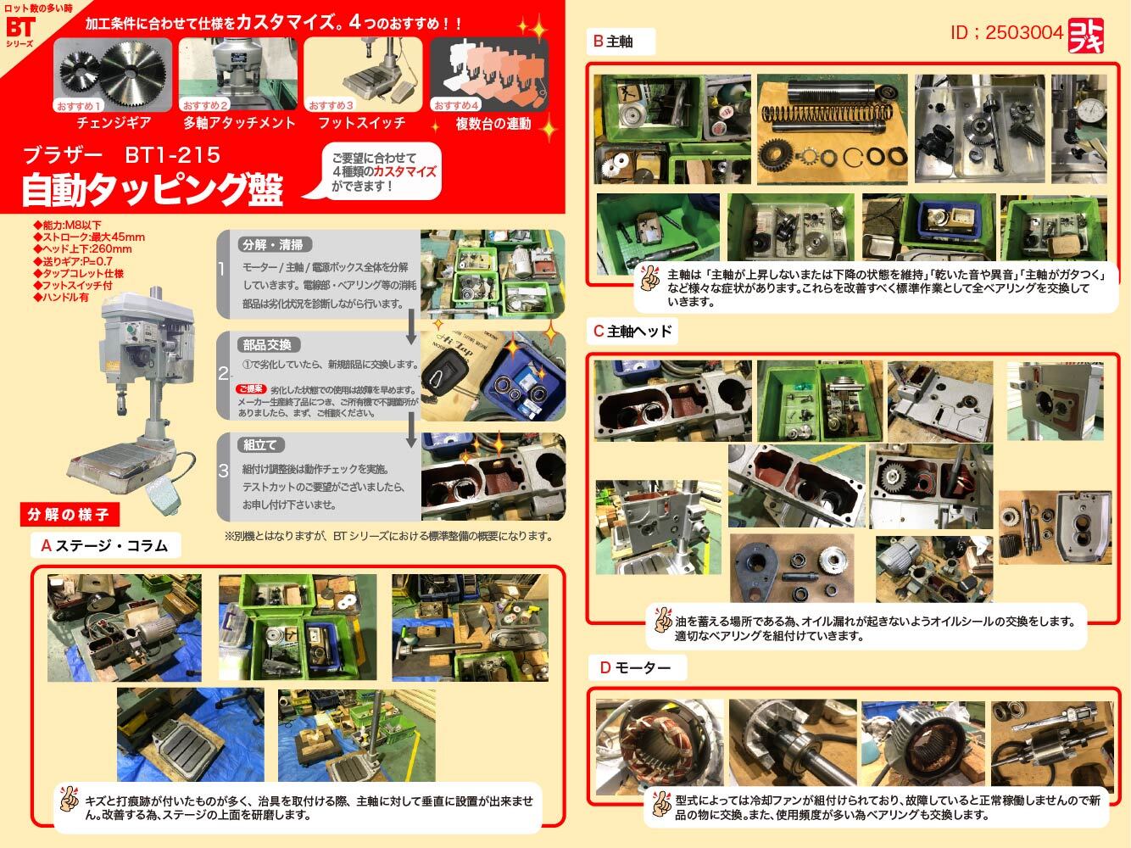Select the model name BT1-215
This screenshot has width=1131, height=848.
pyautogui.click(x=172, y=155)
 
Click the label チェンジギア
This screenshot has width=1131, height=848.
pyautogui.click(x=114, y=123)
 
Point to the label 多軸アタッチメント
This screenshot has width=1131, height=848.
pyautogui.click(x=240, y=123)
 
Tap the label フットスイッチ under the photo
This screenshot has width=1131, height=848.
pyautogui.click(x=362, y=123)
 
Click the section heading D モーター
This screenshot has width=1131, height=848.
pyautogui.click(x=635, y=668)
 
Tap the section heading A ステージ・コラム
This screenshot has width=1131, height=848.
pyautogui.click(x=105, y=545)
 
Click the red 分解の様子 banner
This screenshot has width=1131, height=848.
pyautogui.click(x=69, y=514)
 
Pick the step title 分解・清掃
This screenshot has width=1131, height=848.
pyautogui.click(x=272, y=245)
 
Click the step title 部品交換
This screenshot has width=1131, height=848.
pyautogui.click(x=266, y=345)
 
